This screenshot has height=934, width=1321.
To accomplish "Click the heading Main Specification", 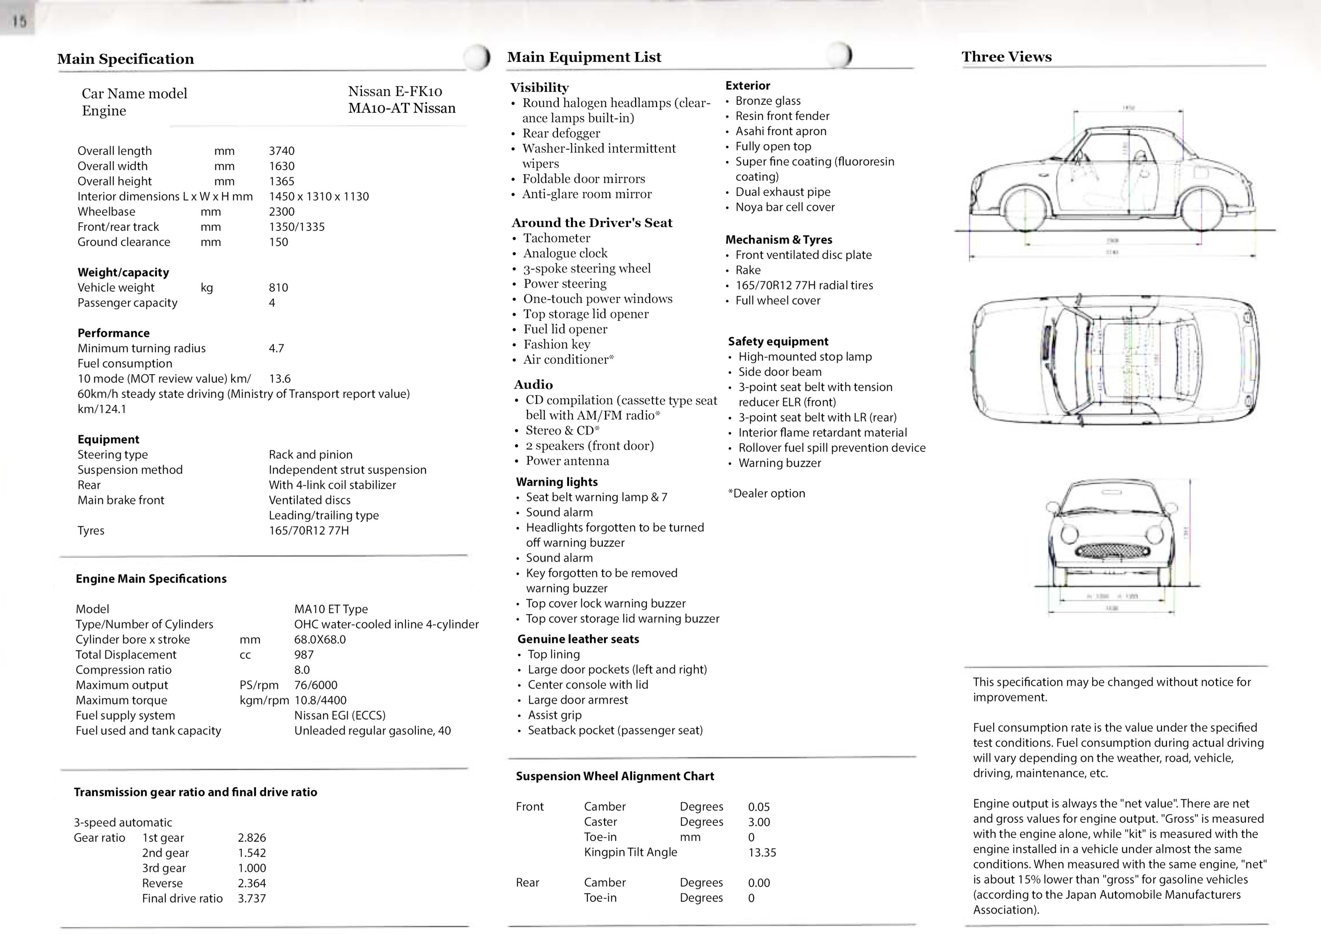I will (x=125, y=59).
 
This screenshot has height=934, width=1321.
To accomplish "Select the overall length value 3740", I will (x=281, y=151).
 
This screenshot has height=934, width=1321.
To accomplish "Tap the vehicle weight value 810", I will (x=278, y=288).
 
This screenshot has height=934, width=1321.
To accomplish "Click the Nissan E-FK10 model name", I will (x=395, y=92).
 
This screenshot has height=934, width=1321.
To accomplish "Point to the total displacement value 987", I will (x=304, y=655).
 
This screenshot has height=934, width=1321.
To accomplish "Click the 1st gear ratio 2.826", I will (x=252, y=838).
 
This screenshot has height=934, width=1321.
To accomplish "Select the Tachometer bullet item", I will (x=556, y=238).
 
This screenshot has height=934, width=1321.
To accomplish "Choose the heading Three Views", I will (x=1006, y=57).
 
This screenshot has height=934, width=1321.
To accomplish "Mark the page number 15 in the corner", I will (x=19, y=22).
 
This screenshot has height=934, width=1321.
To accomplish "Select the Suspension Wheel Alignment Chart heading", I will (x=615, y=776).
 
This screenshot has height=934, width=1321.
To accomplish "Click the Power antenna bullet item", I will (x=567, y=461).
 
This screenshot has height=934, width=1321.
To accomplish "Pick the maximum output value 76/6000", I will (x=315, y=685).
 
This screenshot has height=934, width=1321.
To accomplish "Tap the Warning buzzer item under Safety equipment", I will (x=779, y=463).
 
